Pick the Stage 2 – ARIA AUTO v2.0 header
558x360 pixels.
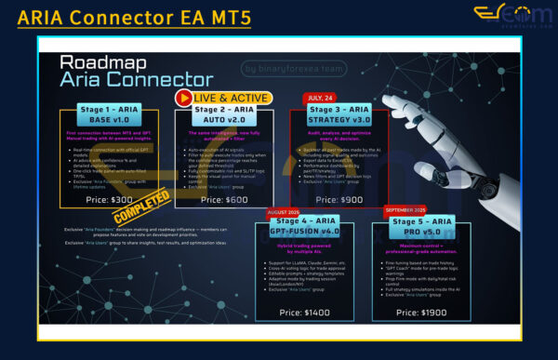pyautogui.click(x=218, y=115)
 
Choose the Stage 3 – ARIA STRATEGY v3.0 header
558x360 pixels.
pyautogui.click(x=338, y=115)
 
